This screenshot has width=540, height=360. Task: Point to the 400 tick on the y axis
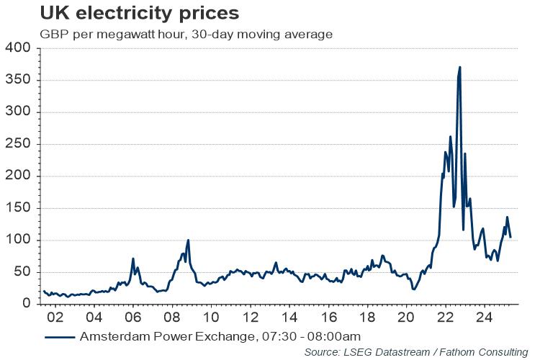coord(17,48)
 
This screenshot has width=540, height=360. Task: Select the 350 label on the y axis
coord(17,80)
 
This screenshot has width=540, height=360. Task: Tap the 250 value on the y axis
coord(17,144)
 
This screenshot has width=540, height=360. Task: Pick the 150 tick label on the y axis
coord(17,208)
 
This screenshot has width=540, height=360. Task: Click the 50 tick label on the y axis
coord(22,272)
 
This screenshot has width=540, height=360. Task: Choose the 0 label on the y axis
coord(26,304)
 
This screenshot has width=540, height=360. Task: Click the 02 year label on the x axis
coord(55,317)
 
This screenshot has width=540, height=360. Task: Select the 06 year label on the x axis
coord(133,317)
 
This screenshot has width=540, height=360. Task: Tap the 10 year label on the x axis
coord(211,317)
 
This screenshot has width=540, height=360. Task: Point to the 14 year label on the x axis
coord(289,317)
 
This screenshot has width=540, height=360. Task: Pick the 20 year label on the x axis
coord(406,317)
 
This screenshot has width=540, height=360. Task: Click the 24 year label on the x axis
coord(484,317)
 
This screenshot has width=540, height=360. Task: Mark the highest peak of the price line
coord(459,68)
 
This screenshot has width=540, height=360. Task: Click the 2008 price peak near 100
coord(188,240)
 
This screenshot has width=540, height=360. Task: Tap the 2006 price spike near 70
coord(133,258)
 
